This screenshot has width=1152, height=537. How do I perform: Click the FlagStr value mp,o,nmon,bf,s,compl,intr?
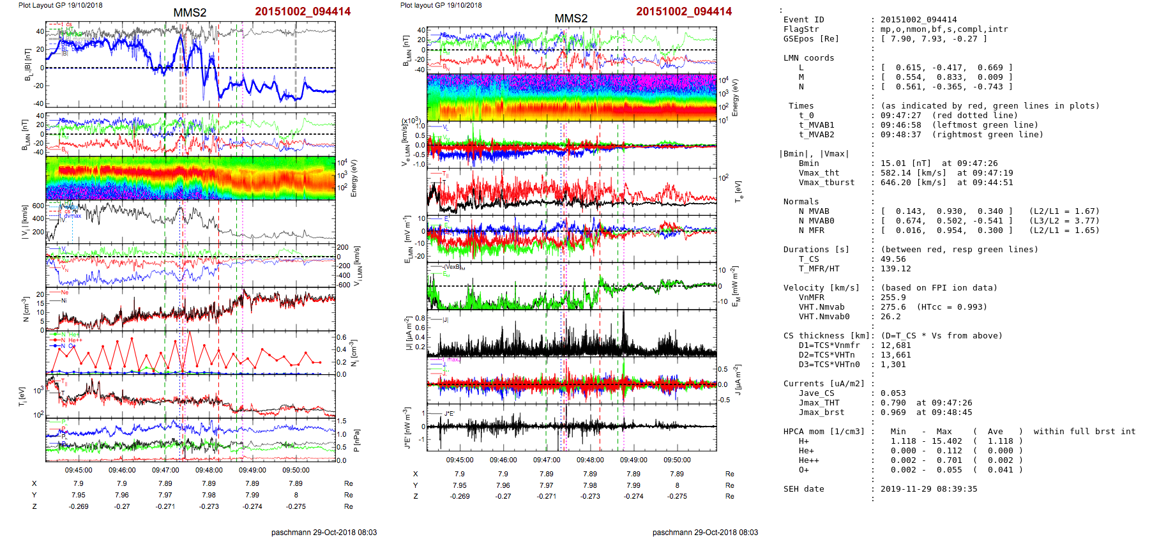944,29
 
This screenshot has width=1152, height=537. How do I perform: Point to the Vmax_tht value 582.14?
895,173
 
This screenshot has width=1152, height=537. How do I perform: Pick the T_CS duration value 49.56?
893,259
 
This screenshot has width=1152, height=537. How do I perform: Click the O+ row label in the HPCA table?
803,470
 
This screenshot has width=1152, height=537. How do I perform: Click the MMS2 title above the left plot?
190,13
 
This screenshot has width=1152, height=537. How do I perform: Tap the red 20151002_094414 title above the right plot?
684,11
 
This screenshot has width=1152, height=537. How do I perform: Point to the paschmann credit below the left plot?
324,533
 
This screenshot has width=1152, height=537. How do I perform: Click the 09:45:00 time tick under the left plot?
79,470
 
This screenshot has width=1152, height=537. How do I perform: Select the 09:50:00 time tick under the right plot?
677,460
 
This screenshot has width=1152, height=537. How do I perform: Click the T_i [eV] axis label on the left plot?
22,396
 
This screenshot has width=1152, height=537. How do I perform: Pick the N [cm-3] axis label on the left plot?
26,309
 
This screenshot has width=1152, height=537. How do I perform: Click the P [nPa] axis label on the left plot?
356,440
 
